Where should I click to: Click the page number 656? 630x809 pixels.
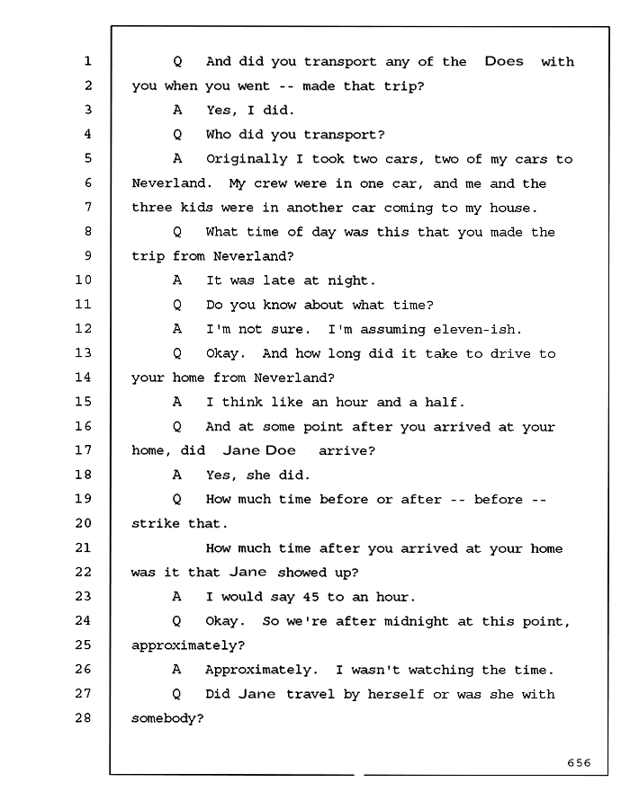[579, 762]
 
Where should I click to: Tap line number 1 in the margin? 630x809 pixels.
[87, 61]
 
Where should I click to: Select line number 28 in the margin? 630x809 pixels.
[84, 717]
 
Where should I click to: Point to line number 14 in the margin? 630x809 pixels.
[84, 378]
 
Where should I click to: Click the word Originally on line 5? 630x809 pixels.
[247, 159]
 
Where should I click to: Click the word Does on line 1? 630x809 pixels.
[504, 61]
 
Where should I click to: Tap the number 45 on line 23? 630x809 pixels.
[310, 597]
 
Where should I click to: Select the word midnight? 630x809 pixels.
[416, 622]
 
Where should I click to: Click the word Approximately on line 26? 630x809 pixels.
[257, 671]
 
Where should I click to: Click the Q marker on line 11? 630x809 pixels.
[177, 305]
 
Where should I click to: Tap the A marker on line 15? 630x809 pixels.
[177, 402]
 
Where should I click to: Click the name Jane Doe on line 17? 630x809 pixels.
[259, 450]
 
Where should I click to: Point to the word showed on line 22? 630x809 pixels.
[302, 573]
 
